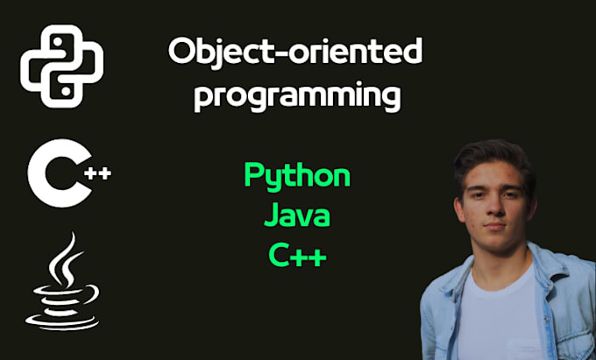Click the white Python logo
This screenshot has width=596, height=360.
[x=62, y=63]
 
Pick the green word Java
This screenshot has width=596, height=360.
[x=296, y=215]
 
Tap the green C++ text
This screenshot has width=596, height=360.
[x=297, y=255]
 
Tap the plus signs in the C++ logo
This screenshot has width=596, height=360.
[x=98, y=173]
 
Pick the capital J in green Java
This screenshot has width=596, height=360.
[x=271, y=215]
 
